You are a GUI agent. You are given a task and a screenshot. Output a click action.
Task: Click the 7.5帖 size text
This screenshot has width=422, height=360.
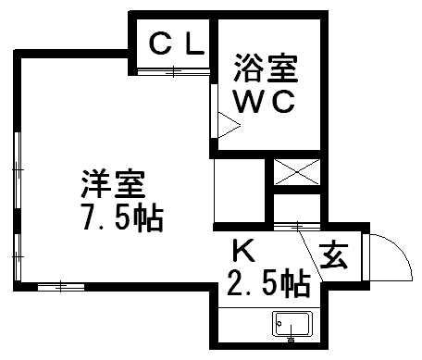coord(118,219)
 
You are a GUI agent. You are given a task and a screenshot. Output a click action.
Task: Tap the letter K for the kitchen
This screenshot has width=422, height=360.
coord(242,250)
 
